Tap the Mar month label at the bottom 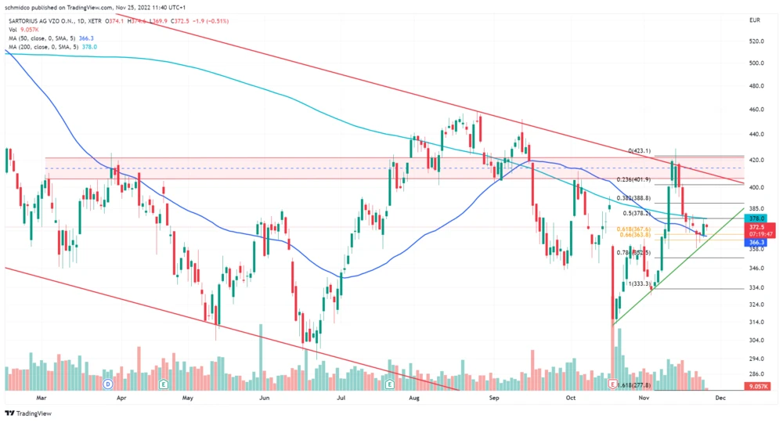pos(42,398)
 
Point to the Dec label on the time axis pos(721,398)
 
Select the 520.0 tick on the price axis pos(756,41)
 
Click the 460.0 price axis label pos(756,110)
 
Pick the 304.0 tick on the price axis pos(756,341)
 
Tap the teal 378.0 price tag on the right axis pos(756,219)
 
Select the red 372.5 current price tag pos(756,227)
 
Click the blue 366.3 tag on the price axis pos(756,243)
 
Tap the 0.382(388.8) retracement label pos(635,199)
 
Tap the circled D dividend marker pos(108,384)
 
